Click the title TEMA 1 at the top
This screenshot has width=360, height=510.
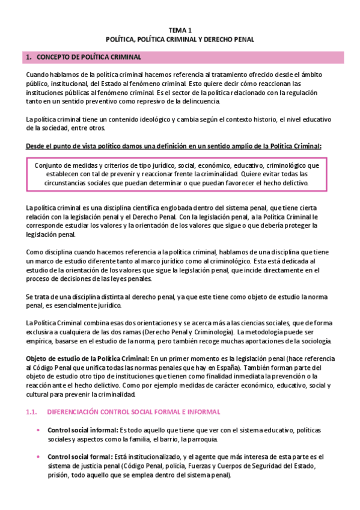coord(180,29)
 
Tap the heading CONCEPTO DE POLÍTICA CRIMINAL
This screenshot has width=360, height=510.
coord(89,57)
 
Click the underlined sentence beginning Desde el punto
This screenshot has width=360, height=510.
coord(173,146)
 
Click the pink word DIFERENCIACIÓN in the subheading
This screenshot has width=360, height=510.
coord(75,411)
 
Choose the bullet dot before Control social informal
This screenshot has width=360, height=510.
coord(38,431)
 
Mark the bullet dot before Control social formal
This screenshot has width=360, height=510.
coord(38,456)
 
